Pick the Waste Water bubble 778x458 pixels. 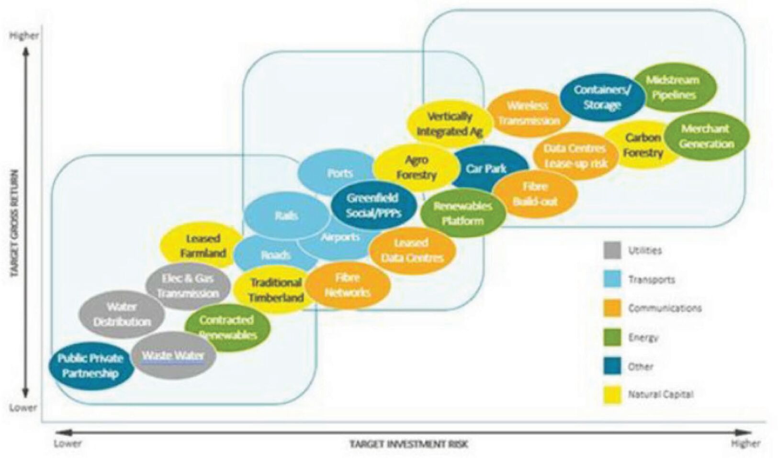(x=173, y=356)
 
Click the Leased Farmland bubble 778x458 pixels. (x=203, y=246)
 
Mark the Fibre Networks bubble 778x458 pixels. (x=348, y=285)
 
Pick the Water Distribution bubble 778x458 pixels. (x=122, y=314)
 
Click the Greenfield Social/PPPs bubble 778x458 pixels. (x=372, y=205)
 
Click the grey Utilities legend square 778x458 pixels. (x=612, y=250)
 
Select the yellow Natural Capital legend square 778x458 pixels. (x=612, y=395)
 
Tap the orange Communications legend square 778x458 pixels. (x=612, y=308)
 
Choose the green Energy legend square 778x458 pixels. (x=612, y=337)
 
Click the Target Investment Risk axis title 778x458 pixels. (x=408, y=444)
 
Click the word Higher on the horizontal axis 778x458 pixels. (x=745, y=444)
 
